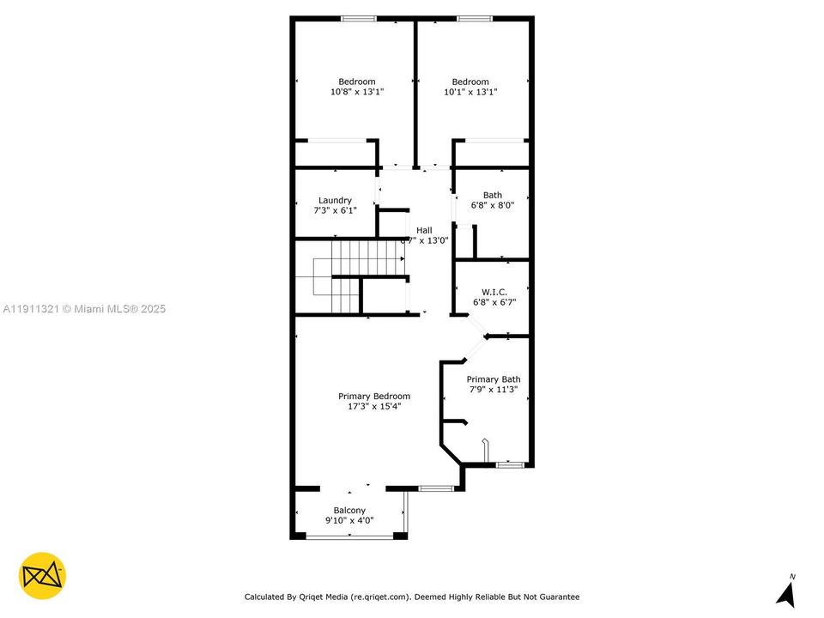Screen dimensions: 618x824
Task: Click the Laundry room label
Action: [x=335, y=200]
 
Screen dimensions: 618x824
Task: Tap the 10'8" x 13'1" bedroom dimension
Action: [x=356, y=92]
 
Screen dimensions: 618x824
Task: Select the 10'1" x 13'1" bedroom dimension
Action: [x=470, y=92]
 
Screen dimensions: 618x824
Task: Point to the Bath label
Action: [x=493, y=195]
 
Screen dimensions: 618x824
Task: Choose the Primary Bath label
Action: [x=494, y=379]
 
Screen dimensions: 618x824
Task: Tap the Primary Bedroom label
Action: [x=373, y=397]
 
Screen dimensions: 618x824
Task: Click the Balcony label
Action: [x=349, y=510]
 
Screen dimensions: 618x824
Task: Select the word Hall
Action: [x=424, y=230]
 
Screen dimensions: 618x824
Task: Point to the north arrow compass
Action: [x=785, y=591]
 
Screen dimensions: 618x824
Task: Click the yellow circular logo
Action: [x=42, y=575]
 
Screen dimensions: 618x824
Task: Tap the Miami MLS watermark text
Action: [x=84, y=309]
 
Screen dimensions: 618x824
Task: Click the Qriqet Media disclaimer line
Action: [x=412, y=597]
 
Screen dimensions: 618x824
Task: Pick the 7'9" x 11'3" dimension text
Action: [x=494, y=390]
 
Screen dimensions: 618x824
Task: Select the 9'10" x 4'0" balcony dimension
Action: [x=349, y=520]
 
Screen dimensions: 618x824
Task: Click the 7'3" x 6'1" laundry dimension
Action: [x=335, y=210]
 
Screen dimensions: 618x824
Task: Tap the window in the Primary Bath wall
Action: [x=511, y=465]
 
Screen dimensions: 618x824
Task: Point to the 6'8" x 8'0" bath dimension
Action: [x=493, y=206]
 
